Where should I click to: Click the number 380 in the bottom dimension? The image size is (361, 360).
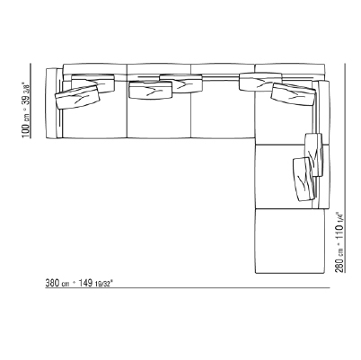pyautogui.click(x=52, y=283)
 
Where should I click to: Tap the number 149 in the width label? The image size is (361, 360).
pyautogui.click(x=85, y=283)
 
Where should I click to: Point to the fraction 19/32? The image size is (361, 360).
pyautogui.click(x=102, y=284)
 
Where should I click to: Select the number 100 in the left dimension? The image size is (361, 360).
pyautogui.click(x=26, y=130)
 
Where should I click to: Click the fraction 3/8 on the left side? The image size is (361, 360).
pyautogui.click(x=27, y=89)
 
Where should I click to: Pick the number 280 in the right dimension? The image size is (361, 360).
pyautogui.click(x=339, y=265)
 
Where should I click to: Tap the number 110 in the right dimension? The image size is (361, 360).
pyautogui.click(x=339, y=232)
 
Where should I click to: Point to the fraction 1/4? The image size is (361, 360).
pyautogui.click(x=339, y=217)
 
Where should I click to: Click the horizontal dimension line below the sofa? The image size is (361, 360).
pyautogui.click(x=188, y=288)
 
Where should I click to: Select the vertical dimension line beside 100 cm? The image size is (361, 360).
pyautogui.click(x=31, y=101)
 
